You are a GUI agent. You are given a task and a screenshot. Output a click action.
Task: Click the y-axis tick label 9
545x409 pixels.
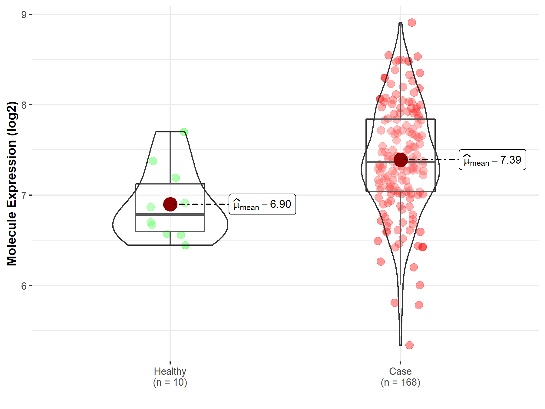click(24, 15)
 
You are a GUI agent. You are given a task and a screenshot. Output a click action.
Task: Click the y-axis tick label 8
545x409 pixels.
click(24, 105)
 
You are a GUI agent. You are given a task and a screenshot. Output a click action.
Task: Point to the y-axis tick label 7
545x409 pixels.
click(24, 195)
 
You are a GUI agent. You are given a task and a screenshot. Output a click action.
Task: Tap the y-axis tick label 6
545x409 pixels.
click(24, 286)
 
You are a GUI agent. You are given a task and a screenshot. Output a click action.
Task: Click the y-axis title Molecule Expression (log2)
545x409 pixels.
click(12, 184)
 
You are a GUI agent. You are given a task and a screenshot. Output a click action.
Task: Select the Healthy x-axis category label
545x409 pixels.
click(170, 371)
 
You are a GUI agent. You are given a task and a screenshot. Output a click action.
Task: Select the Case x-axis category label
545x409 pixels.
click(400, 371)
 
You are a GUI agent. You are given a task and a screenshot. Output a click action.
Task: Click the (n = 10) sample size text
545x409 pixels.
click(170, 382)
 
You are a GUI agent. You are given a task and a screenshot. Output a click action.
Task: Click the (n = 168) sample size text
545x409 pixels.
click(400, 382)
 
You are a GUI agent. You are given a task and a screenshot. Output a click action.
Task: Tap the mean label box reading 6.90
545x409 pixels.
click(262, 204)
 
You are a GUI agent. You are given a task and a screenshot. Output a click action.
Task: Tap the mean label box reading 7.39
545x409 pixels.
click(492, 160)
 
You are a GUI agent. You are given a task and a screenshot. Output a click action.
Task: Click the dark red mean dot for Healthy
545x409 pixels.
click(170, 204)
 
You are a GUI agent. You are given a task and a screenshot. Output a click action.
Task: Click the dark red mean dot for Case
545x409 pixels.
click(401, 160)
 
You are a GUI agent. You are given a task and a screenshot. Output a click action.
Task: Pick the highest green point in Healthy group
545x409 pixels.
click(184, 132)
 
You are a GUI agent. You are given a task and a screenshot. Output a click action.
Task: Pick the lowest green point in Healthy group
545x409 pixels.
click(185, 245)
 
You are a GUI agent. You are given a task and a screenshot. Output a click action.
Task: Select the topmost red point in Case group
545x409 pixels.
click(412, 22)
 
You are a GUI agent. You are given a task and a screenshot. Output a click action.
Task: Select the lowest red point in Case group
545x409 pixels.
click(409, 345)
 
